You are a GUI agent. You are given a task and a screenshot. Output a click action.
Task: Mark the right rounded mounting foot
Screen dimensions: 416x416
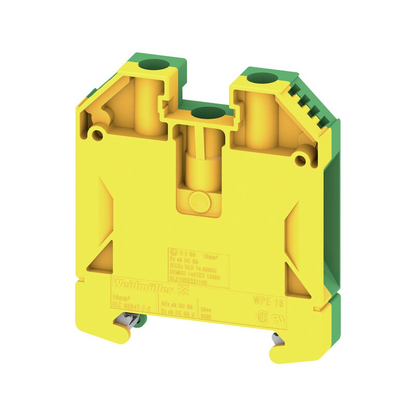pyautogui.click(x=280, y=354)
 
